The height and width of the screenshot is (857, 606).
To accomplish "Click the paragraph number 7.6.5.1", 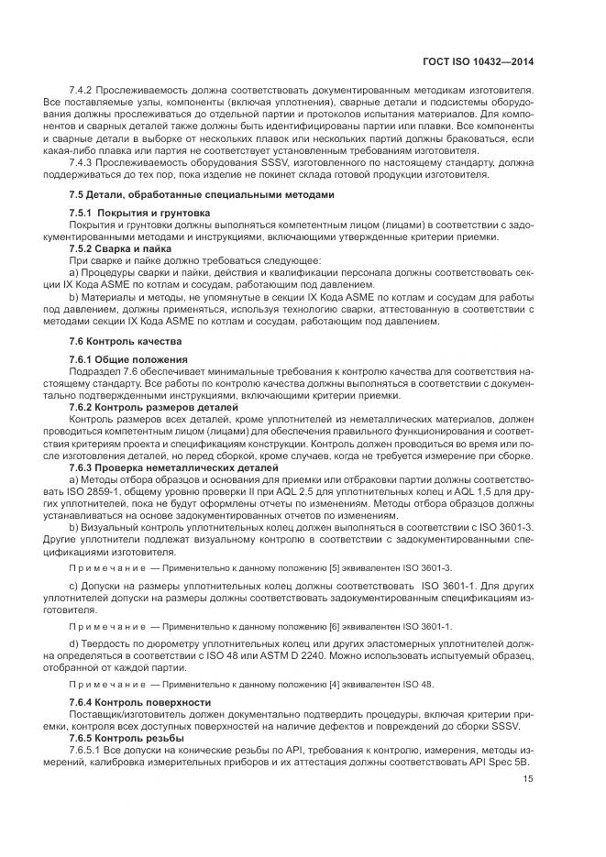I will point(86,750).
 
